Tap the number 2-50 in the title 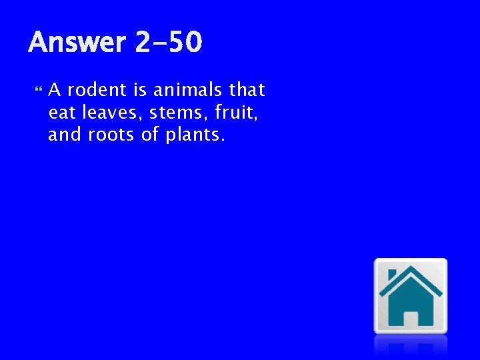point(168,43)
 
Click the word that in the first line point(247,89)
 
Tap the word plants point(194,136)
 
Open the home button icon point(410,295)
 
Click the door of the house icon point(411,319)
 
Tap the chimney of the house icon point(392,275)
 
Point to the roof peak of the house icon point(411,269)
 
